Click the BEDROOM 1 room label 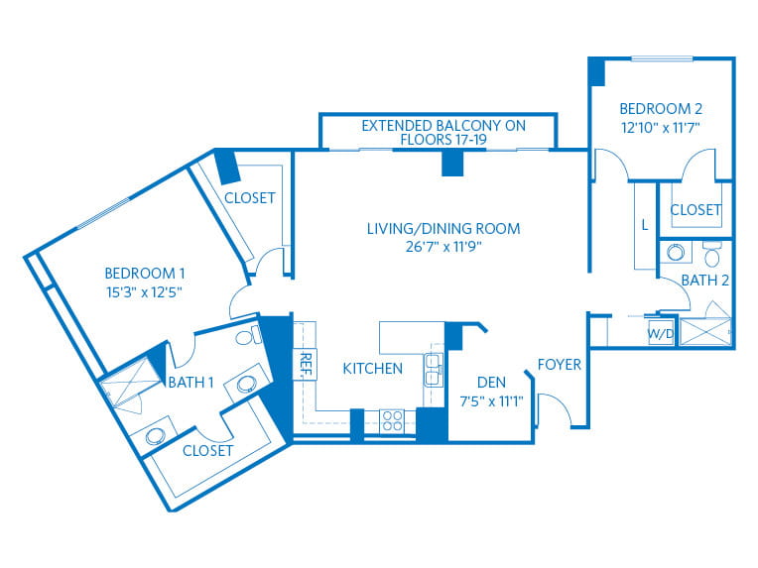(x=145, y=274)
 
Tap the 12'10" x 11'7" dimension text (x=661, y=128)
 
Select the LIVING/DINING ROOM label (x=443, y=228)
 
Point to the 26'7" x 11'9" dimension (x=443, y=247)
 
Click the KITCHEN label (x=372, y=369)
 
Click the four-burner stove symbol (x=392, y=420)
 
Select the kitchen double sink (x=434, y=370)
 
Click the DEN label (x=491, y=383)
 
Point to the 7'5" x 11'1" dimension (x=491, y=401)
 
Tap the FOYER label (x=560, y=364)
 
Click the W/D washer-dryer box (x=661, y=332)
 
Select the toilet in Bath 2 (x=712, y=255)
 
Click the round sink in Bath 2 (x=676, y=252)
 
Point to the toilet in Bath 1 (x=248, y=335)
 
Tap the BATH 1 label (x=190, y=383)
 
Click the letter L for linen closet (x=644, y=225)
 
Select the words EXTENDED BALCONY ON (x=443, y=126)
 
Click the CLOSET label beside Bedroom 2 (x=695, y=210)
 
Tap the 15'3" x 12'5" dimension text (x=145, y=292)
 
